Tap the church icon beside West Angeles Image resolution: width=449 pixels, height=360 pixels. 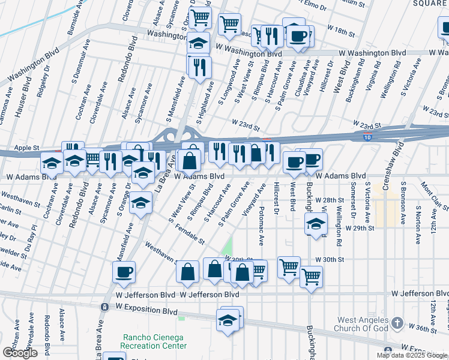(396, 324)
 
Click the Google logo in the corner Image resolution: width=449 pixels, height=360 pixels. (19, 353)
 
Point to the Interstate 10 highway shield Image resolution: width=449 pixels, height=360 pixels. (366, 137)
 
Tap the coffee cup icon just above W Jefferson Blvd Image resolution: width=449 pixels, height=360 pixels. (124, 272)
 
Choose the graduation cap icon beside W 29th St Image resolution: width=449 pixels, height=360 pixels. (316, 224)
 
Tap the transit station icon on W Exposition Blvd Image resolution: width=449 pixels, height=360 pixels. (104, 307)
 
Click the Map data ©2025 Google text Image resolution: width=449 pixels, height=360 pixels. (411, 355)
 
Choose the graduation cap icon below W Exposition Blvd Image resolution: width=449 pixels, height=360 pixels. (229, 319)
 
